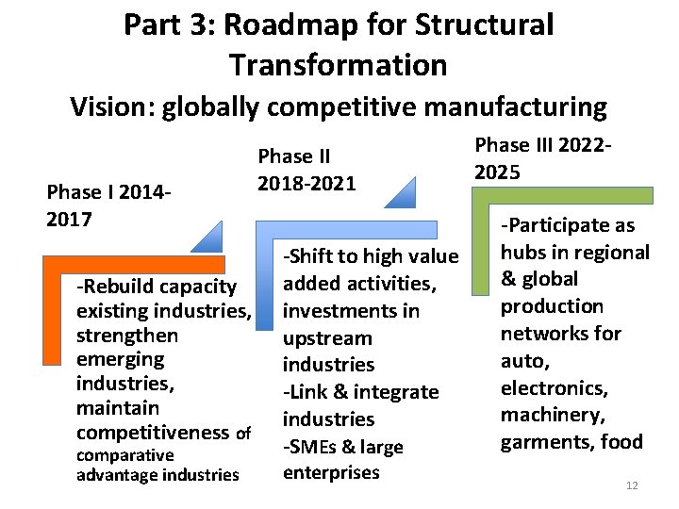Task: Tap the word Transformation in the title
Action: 338,65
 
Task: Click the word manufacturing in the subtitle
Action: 514,107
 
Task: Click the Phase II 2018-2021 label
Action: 307,169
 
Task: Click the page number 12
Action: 632,485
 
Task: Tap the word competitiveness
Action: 153,433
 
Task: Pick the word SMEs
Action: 315,447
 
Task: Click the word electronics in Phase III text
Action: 553,387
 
